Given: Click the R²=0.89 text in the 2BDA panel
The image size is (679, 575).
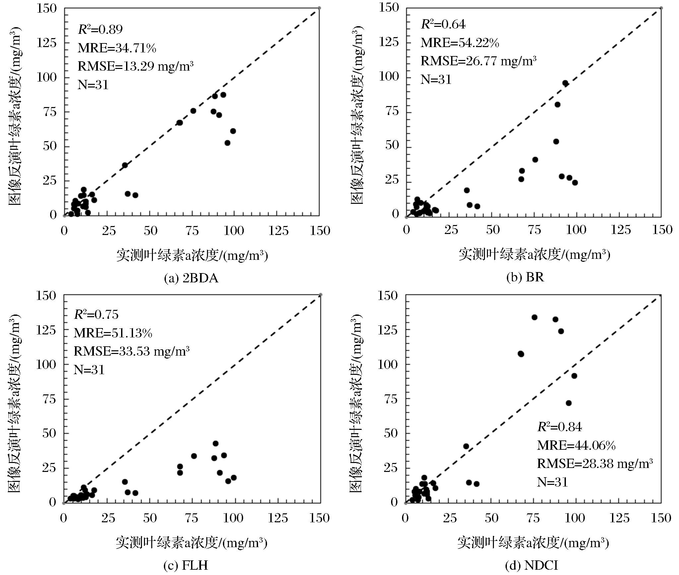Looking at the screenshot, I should tap(100, 30).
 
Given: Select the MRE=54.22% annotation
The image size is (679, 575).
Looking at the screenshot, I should tap(460, 43).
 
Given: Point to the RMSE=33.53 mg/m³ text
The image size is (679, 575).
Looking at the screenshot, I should tap(131, 351).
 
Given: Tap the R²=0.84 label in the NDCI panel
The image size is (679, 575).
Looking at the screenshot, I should tap(559, 427).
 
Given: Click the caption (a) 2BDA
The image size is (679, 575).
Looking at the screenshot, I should tap(191, 278).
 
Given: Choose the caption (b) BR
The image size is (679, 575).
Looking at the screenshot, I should tap(525, 277).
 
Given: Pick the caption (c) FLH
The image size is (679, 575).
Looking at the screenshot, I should tap(186, 565).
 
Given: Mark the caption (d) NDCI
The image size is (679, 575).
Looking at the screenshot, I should tap(531, 565).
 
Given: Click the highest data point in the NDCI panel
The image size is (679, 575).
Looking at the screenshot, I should tap(534, 317).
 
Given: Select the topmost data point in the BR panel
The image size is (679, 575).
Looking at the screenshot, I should tap(565, 83).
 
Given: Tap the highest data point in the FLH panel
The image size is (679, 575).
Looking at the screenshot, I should tap(216, 443).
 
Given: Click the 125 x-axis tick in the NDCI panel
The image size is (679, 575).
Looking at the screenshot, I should tap(619, 518).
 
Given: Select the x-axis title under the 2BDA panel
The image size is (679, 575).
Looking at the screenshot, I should tap(192, 256).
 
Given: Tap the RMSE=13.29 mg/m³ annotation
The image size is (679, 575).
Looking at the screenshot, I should tap(135, 66).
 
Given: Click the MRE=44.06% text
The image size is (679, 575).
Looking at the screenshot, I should tap(576, 446).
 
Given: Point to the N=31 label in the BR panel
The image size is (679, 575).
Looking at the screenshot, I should tap(436, 80).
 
